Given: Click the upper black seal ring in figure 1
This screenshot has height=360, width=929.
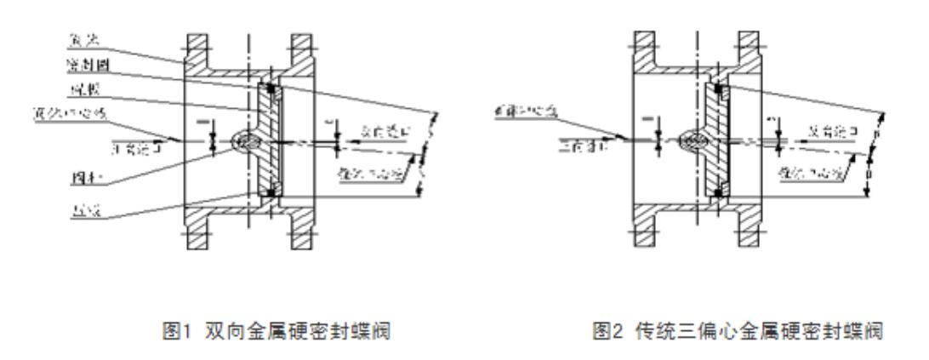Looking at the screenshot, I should [x=271, y=88].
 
